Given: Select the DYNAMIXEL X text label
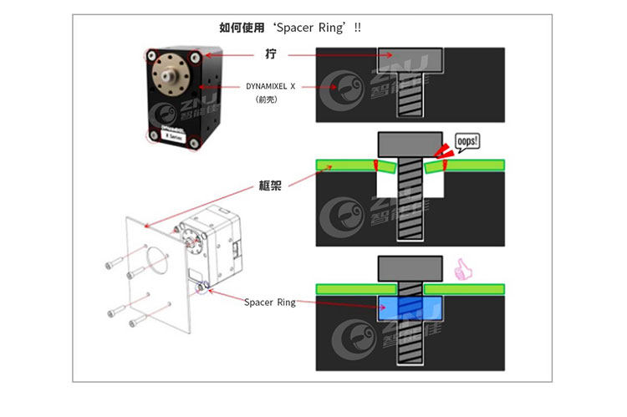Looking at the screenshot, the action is [271, 86].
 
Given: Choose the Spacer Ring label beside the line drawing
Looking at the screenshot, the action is [270, 302].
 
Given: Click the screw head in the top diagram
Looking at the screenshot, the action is [410, 61].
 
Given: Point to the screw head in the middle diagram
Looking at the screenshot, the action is [410, 143].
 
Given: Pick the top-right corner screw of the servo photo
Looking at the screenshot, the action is [196, 58].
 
